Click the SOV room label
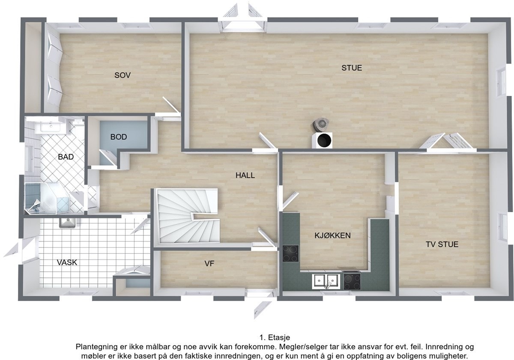pos(123,75)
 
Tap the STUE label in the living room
pos(352,68)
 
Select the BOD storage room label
pos(119,137)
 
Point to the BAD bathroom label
pos(66,157)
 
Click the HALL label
pos(245,175)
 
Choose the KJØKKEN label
pos(332,235)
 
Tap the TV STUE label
pos(442,244)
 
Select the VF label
pos(209,264)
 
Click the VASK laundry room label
pos(67,262)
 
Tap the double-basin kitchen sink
pos(326,281)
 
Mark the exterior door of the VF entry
pos(261,305)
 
